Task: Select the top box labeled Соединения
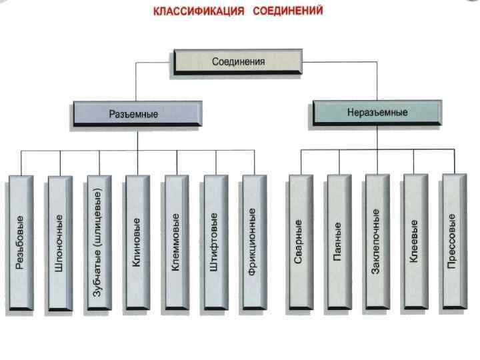pos(238,61)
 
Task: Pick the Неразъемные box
pos(376,112)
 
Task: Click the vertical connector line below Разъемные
pos(137,139)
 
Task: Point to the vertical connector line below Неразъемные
pos(377,137)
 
